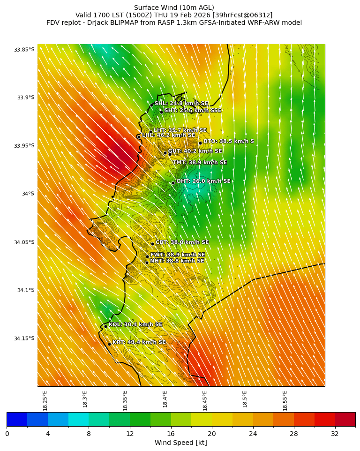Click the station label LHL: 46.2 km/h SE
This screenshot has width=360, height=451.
[x=168, y=135]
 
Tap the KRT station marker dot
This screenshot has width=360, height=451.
[x=109, y=344]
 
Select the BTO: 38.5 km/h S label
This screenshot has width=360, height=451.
[x=228, y=141]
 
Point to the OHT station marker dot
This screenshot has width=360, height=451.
[x=173, y=183]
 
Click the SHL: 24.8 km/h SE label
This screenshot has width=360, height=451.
[x=181, y=103]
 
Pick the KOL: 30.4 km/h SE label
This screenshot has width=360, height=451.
[x=135, y=324]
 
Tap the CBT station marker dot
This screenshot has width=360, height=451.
[x=152, y=244]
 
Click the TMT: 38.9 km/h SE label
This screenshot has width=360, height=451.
[x=199, y=163]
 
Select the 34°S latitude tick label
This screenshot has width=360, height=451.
[x=27, y=194]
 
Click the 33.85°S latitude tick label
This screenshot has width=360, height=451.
[x=24, y=50]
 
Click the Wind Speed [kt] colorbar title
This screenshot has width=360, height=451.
[x=181, y=443]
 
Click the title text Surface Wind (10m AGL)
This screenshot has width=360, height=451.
[x=174, y=8]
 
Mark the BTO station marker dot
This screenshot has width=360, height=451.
[x=200, y=143]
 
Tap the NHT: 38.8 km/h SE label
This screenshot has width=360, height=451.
[x=177, y=261]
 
